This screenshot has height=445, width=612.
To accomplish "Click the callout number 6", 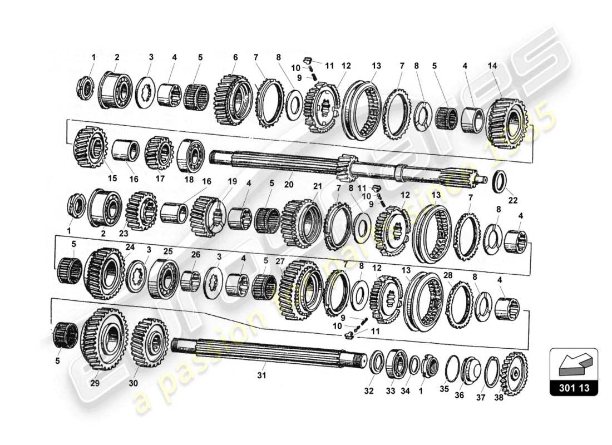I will [x=235, y=57].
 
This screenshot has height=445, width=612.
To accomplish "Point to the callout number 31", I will [x=261, y=375].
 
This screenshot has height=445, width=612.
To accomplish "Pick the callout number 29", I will [x=94, y=384].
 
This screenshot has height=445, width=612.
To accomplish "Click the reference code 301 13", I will [x=574, y=388].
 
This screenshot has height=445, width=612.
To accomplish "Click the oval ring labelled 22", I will [x=501, y=182].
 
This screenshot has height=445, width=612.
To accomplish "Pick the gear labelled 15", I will [x=90, y=147].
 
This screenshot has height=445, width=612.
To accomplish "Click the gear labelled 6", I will [x=234, y=100].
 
